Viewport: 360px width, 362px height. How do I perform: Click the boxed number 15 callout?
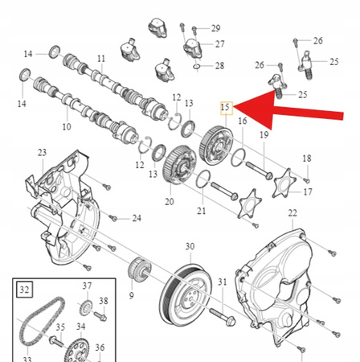click(227, 106)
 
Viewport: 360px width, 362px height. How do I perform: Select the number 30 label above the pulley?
click(190, 246)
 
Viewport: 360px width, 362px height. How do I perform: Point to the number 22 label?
click(293, 212)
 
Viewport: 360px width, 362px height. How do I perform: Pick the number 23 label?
click(42, 152)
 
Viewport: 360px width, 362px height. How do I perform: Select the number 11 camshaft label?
click(101, 59)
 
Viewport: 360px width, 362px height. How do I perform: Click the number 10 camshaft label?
click(66, 127)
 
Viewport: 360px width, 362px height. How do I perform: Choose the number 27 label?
click(219, 44)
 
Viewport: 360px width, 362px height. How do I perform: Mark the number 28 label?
click(219, 65)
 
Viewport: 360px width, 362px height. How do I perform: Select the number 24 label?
click(137, 218)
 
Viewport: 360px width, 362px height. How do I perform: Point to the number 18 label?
click(306, 158)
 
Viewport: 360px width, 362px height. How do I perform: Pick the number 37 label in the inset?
click(87, 286)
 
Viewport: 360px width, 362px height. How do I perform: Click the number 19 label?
click(263, 135)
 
